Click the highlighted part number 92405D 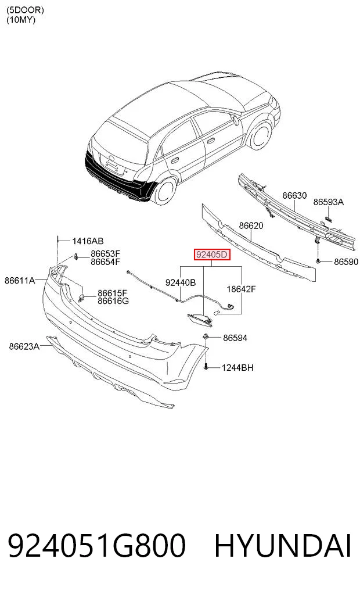click(x=211, y=255)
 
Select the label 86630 click(x=294, y=196)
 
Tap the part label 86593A click(x=329, y=202)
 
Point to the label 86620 click(x=251, y=226)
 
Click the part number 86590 click(x=346, y=262)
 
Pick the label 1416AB click(x=88, y=241)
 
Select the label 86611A click(x=20, y=281)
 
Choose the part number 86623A click(x=24, y=346)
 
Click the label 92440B click(x=181, y=282)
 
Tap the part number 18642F click(x=241, y=289)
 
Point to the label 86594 click(x=235, y=338)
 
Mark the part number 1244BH click(x=237, y=367)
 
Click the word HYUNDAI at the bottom click(x=283, y=546)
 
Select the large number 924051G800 click(x=97, y=546)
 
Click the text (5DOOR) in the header click(x=25, y=10)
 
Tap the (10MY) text click(x=21, y=20)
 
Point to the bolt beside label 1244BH click(x=206, y=366)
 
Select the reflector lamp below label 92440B click(x=200, y=320)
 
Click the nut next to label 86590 click(x=318, y=261)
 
